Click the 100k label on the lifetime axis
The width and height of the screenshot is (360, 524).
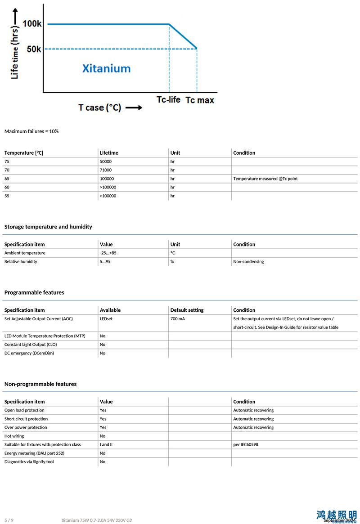pyautogui.click(x=32, y=24)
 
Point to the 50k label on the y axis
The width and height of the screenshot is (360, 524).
pyautogui.click(x=34, y=49)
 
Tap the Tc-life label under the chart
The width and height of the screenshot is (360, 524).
pyautogui.click(x=168, y=99)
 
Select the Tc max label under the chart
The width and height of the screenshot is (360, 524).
pyautogui.click(x=200, y=100)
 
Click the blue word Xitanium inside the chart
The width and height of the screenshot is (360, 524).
pyautogui.click(x=106, y=68)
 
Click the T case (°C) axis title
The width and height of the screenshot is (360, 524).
pyautogui.click(x=100, y=107)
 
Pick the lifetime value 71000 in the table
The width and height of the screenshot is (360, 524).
pyautogui.click(x=106, y=170)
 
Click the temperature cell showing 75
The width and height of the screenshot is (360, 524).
pyautogui.click(x=7, y=161)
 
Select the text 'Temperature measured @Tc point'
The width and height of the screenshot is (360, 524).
pyautogui.click(x=265, y=179)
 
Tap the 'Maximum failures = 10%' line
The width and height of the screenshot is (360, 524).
pyautogui.click(x=31, y=131)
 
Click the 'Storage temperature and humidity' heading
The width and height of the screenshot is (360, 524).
pyautogui.click(x=48, y=227)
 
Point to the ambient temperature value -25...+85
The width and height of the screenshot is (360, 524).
pyautogui.click(x=108, y=253)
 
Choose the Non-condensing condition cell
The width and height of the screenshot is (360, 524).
pyautogui.click(x=248, y=261)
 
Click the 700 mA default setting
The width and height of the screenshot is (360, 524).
pyautogui.click(x=177, y=318)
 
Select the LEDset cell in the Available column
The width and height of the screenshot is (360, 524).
pyautogui.click(x=106, y=318)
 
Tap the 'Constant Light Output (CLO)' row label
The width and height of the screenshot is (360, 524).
pyautogui.click(x=31, y=345)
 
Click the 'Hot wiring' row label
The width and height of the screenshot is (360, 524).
pyautogui.click(x=14, y=436)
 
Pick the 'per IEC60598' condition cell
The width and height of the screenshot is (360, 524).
pyautogui.click(x=246, y=444)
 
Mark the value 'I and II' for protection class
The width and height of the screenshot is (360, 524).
pyautogui.click(x=106, y=444)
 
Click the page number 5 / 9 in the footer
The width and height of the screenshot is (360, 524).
pyautogui.click(x=9, y=520)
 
